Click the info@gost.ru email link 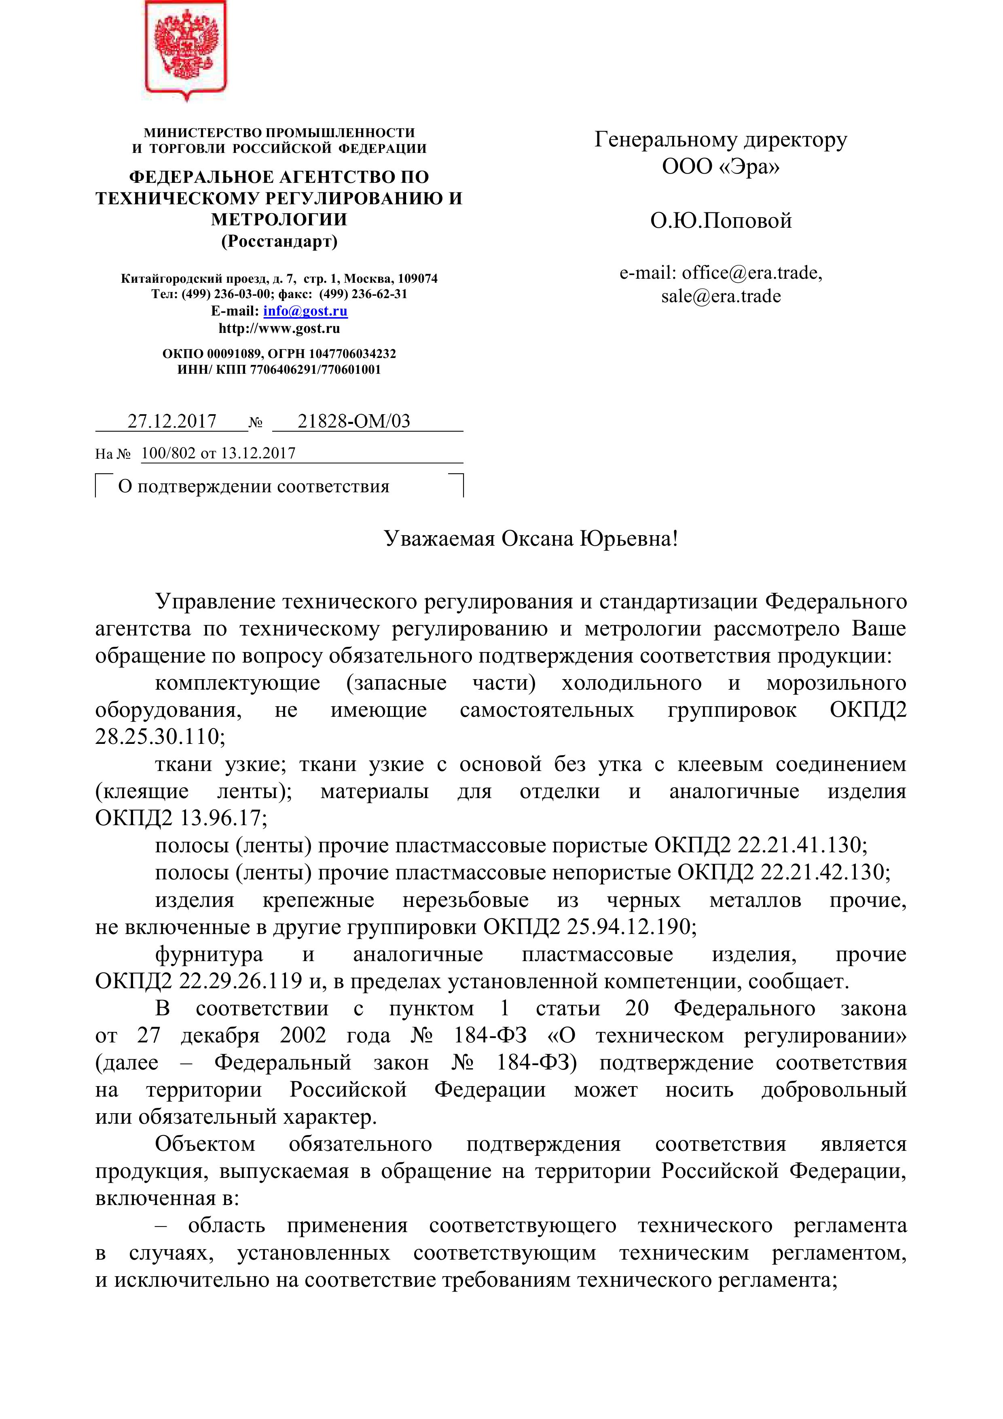pyautogui.click(x=305, y=311)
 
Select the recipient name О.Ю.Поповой pyautogui.click(x=721, y=220)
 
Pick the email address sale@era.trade pyautogui.click(x=721, y=296)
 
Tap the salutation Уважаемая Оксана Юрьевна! pyautogui.click(x=531, y=538)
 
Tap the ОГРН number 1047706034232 pyautogui.click(x=352, y=354)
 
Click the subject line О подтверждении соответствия pyautogui.click(x=253, y=486)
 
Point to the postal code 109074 pyautogui.click(x=417, y=279)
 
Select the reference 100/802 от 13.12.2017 pyautogui.click(x=218, y=453)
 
